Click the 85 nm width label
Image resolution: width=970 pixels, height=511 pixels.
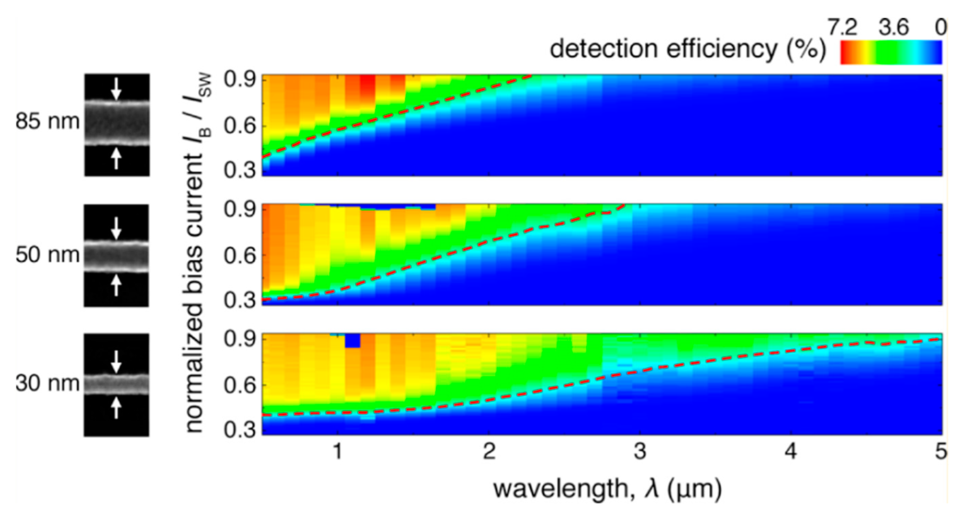tap(47, 122)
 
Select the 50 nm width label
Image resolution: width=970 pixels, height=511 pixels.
tap(47, 255)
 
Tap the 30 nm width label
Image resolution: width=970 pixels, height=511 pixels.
tap(47, 383)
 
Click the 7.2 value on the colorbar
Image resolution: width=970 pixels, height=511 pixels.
tap(842, 28)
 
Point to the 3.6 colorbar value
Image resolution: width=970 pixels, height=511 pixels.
tap(894, 28)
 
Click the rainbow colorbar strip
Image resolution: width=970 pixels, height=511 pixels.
tap(891, 52)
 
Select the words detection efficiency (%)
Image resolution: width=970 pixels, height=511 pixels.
tap(688, 49)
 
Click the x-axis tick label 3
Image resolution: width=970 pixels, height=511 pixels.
tap(640, 451)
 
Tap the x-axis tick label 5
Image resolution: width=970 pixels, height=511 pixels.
tap(941, 451)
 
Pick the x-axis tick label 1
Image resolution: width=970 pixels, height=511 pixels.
tap(337, 451)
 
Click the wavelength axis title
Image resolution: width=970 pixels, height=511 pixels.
tap(607, 489)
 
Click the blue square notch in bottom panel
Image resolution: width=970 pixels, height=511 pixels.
tap(352, 340)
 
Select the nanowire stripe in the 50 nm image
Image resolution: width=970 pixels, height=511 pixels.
tap(116, 256)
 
